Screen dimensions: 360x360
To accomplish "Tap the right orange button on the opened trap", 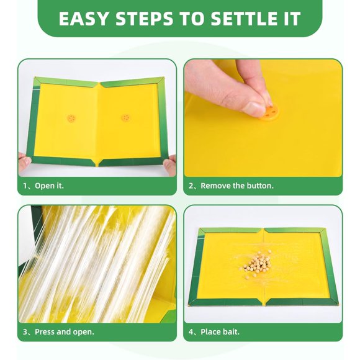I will point(125,117).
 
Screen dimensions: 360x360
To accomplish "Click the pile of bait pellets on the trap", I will point(257,264).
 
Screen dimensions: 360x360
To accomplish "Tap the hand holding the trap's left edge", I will point(24,162).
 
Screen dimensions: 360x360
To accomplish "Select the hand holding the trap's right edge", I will point(171,164).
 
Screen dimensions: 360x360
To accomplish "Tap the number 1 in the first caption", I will point(25,186).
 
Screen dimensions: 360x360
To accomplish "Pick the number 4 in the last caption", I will point(192,332).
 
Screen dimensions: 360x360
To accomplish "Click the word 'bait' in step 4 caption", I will point(230,332).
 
